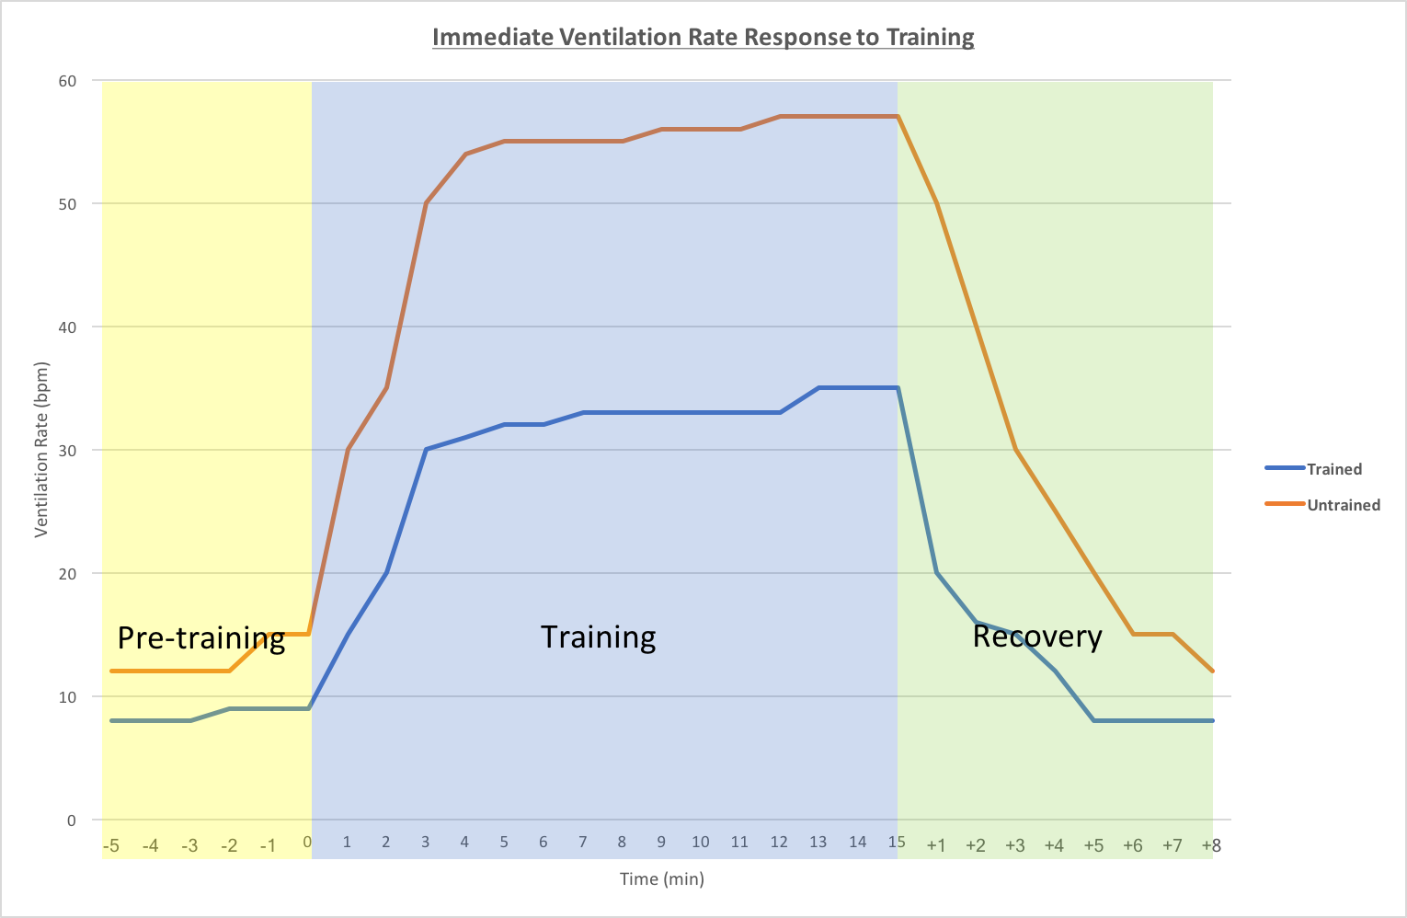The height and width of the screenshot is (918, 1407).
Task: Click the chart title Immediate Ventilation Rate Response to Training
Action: [703, 38]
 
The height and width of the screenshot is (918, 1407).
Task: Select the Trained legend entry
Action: [1333, 469]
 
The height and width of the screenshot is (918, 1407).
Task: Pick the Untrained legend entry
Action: [1343, 505]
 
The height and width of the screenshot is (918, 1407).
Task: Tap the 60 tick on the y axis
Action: [67, 81]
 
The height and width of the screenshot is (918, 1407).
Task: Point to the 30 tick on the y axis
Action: [67, 450]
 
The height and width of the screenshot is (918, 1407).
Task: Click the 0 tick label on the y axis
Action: [71, 820]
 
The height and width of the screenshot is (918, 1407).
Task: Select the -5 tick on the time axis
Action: [111, 845]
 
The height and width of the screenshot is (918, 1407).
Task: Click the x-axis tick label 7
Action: [583, 842]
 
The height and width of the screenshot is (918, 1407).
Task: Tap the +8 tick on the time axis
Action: [1211, 845]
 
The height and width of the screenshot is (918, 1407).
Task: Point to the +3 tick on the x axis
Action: [1014, 845]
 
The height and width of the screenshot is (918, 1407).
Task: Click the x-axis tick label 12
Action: [779, 842]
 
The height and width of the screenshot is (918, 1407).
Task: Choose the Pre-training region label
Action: [201, 637]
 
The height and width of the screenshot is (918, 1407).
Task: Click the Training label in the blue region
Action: [598, 637]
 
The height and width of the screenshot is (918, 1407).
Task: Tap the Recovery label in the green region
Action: [1037, 637]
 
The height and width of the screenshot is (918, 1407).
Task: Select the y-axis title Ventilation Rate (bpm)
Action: [41, 450]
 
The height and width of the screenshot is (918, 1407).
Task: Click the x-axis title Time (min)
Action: [662, 879]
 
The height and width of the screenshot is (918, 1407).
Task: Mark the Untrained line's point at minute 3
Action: [426, 203]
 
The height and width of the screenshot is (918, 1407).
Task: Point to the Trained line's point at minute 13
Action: [818, 388]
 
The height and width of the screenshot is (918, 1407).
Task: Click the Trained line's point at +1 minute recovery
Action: [936, 573]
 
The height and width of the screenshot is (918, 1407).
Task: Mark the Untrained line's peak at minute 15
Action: [897, 117]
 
